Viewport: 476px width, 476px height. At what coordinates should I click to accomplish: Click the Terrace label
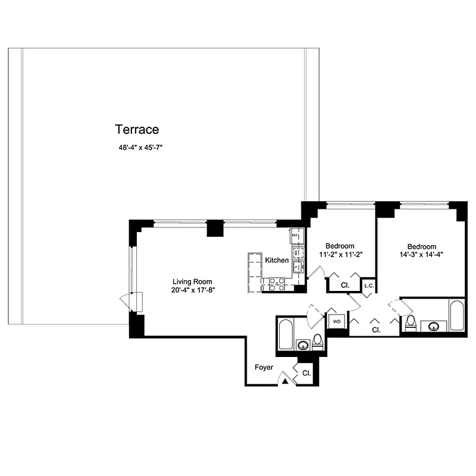(x=137, y=129)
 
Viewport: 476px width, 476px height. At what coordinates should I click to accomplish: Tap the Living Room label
(x=192, y=281)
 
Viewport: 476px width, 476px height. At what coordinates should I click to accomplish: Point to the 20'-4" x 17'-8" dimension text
(x=192, y=290)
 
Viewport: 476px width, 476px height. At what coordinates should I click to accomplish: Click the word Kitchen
(x=277, y=261)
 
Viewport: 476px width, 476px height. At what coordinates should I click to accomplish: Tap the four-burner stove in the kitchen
(x=277, y=284)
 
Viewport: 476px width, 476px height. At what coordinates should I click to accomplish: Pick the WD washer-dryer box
(x=336, y=321)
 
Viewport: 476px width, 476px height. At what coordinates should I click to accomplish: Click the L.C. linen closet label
(x=368, y=287)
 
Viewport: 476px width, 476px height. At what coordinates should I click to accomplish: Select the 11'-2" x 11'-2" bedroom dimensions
(x=340, y=254)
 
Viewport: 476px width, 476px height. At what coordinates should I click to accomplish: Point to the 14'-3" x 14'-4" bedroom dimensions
(x=421, y=255)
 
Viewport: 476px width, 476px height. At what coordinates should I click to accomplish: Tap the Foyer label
(x=264, y=368)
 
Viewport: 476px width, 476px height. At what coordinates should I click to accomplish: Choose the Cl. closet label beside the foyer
(x=306, y=373)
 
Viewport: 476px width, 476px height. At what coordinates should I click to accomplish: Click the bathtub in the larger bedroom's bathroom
(x=457, y=315)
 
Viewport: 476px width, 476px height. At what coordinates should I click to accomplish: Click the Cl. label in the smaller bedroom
(x=345, y=286)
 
